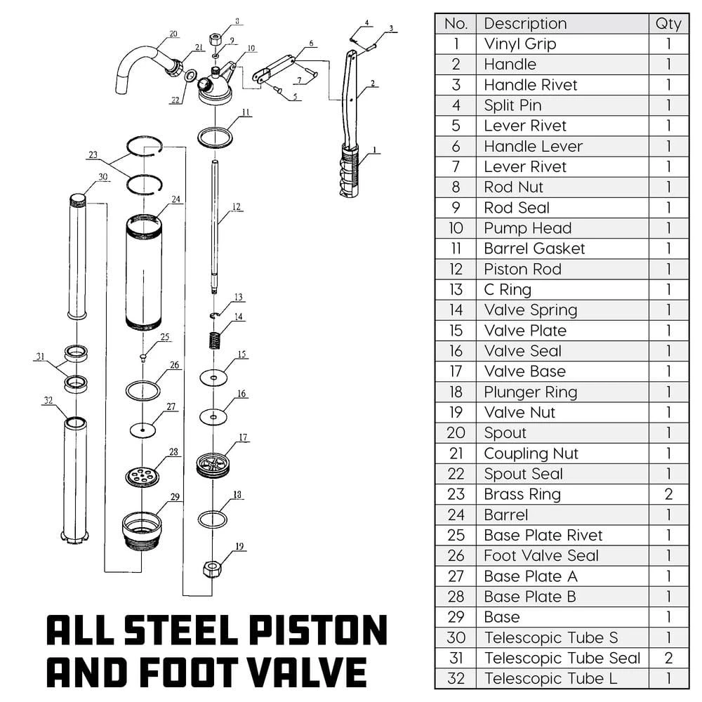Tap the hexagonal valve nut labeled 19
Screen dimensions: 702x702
tap(212, 568)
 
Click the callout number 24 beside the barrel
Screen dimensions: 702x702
tap(175, 199)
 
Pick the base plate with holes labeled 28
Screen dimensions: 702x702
tap(142, 475)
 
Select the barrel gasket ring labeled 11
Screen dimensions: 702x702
tap(215, 137)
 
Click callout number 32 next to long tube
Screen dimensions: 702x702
tap(48, 401)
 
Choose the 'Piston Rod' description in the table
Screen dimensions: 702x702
tap(522, 269)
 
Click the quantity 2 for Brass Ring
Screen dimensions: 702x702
tap(668, 494)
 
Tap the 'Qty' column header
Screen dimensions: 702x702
tap(668, 23)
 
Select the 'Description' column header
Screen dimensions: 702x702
tap(525, 23)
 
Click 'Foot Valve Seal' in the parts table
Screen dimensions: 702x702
tap(541, 556)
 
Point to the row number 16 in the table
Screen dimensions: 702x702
tap(456, 351)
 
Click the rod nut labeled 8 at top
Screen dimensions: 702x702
tap(216, 39)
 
